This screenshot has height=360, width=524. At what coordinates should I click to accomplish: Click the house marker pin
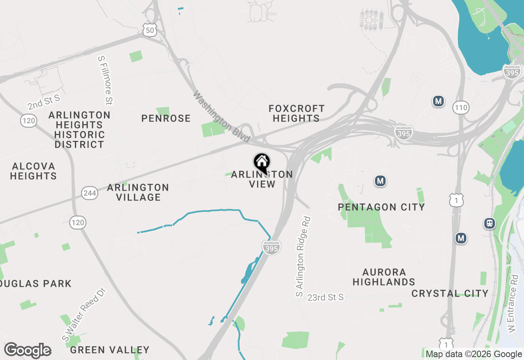coord(262,163)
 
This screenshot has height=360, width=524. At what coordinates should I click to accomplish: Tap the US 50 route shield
coord(150,29)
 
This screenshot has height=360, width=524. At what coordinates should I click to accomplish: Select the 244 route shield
coord(89,193)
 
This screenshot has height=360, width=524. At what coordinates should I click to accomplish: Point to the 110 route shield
coord(461,108)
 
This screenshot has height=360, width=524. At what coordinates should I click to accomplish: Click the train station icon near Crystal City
coord(489,223)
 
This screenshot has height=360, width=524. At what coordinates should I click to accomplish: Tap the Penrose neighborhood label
coord(166,118)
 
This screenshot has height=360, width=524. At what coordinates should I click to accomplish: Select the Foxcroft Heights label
coord(296,113)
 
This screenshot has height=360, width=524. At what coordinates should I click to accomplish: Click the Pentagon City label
coord(381,207)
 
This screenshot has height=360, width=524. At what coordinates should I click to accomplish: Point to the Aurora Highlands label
coord(384,277)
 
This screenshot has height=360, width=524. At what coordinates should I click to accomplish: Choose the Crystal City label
coord(450,293)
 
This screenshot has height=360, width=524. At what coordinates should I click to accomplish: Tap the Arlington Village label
coord(138,192)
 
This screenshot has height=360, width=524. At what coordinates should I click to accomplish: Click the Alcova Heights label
coord(34,171)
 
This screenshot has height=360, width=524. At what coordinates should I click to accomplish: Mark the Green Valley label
coord(110,350)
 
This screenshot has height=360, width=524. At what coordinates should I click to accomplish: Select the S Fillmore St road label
coord(105,80)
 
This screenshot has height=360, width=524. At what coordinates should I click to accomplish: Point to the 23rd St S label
coord(325,297)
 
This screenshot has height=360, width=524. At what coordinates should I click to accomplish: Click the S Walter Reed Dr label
coord(84,315)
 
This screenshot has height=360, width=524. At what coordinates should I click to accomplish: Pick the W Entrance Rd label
coord(513,303)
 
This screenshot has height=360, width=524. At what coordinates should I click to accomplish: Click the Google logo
coord(27,351)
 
